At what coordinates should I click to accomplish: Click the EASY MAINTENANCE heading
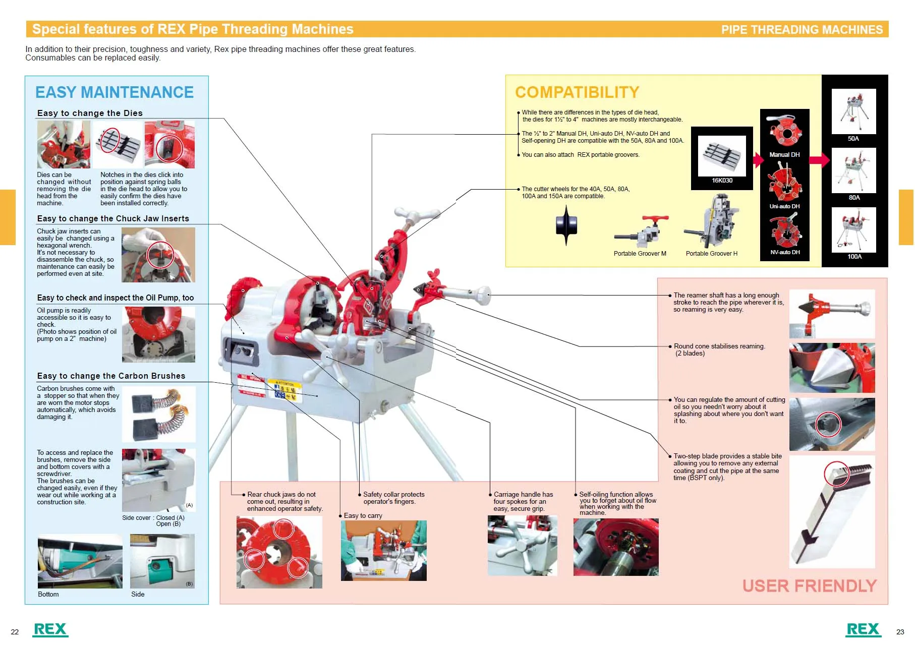point(114,92)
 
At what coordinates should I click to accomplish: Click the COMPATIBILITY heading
point(577,92)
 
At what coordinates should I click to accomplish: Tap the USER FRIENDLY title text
point(809,585)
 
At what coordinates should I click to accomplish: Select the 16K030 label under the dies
point(722,181)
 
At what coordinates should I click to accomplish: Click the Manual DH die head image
point(784,132)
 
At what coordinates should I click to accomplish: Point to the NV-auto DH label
point(785,252)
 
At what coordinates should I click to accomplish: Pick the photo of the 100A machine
point(853,229)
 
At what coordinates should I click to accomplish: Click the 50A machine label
point(853,139)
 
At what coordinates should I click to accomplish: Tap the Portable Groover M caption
point(640,254)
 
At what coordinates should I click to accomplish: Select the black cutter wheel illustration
point(566,225)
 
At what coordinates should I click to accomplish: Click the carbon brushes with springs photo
point(158,414)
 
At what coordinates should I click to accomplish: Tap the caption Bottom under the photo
point(48,595)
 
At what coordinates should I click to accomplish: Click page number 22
point(15,632)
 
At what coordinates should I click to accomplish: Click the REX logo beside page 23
point(863,629)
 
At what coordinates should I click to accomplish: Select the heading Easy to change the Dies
point(90,113)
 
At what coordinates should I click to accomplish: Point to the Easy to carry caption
point(363,516)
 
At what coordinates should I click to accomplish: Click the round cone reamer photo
point(831,368)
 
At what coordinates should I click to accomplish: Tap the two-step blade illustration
point(831,512)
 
